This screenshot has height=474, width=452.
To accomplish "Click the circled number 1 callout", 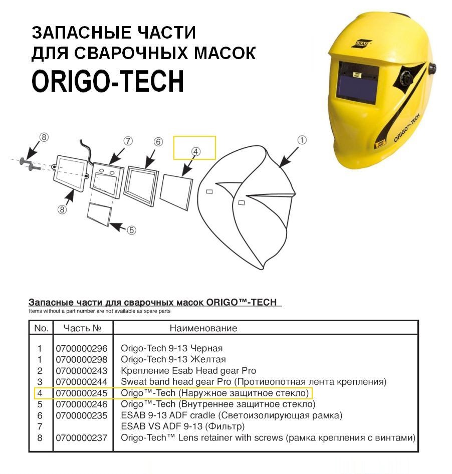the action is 302,140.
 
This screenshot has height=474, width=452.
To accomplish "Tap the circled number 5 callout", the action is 131,230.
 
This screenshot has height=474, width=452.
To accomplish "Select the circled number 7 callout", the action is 128,141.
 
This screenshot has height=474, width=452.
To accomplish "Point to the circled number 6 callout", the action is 158,141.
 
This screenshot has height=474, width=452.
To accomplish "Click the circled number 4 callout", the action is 196,151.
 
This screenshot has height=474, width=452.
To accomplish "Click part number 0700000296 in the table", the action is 82,348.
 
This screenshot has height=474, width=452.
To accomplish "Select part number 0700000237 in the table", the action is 82,438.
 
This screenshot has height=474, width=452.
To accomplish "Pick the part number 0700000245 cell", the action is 82,393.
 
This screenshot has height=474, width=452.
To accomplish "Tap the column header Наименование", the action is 203,328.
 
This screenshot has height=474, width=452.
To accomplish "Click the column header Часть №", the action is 82,328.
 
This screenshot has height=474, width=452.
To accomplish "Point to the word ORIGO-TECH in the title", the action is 108,81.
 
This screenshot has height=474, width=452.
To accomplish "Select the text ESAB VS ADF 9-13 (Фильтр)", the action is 182,426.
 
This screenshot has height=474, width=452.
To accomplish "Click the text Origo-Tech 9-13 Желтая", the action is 173,359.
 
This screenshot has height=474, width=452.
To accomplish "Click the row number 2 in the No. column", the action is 40,371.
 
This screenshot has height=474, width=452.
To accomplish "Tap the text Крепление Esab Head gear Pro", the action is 188,371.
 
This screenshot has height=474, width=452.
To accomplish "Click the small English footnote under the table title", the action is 100,311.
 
